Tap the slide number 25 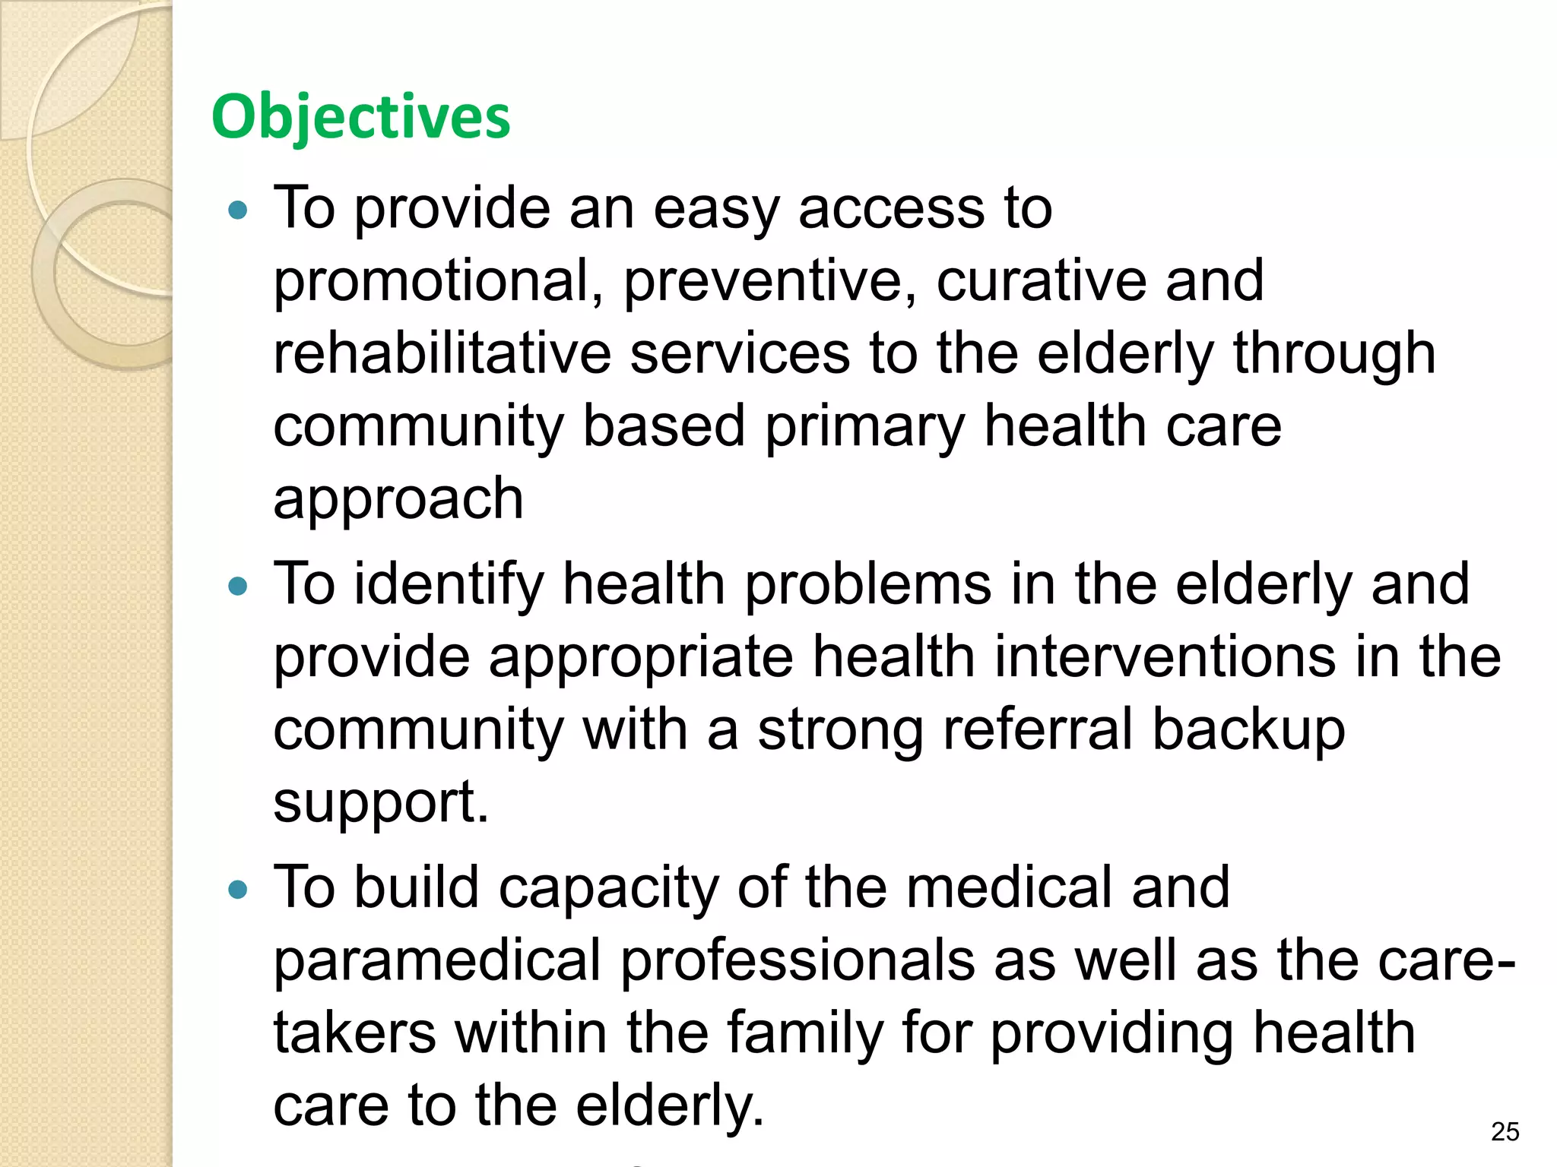coord(1505,1131)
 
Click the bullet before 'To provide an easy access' coord(238,210)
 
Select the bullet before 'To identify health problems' coord(238,586)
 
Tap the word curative coord(1040,281)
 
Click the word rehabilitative coord(442,354)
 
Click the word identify coord(449,584)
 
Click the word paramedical coord(437,961)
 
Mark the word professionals coord(798,961)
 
